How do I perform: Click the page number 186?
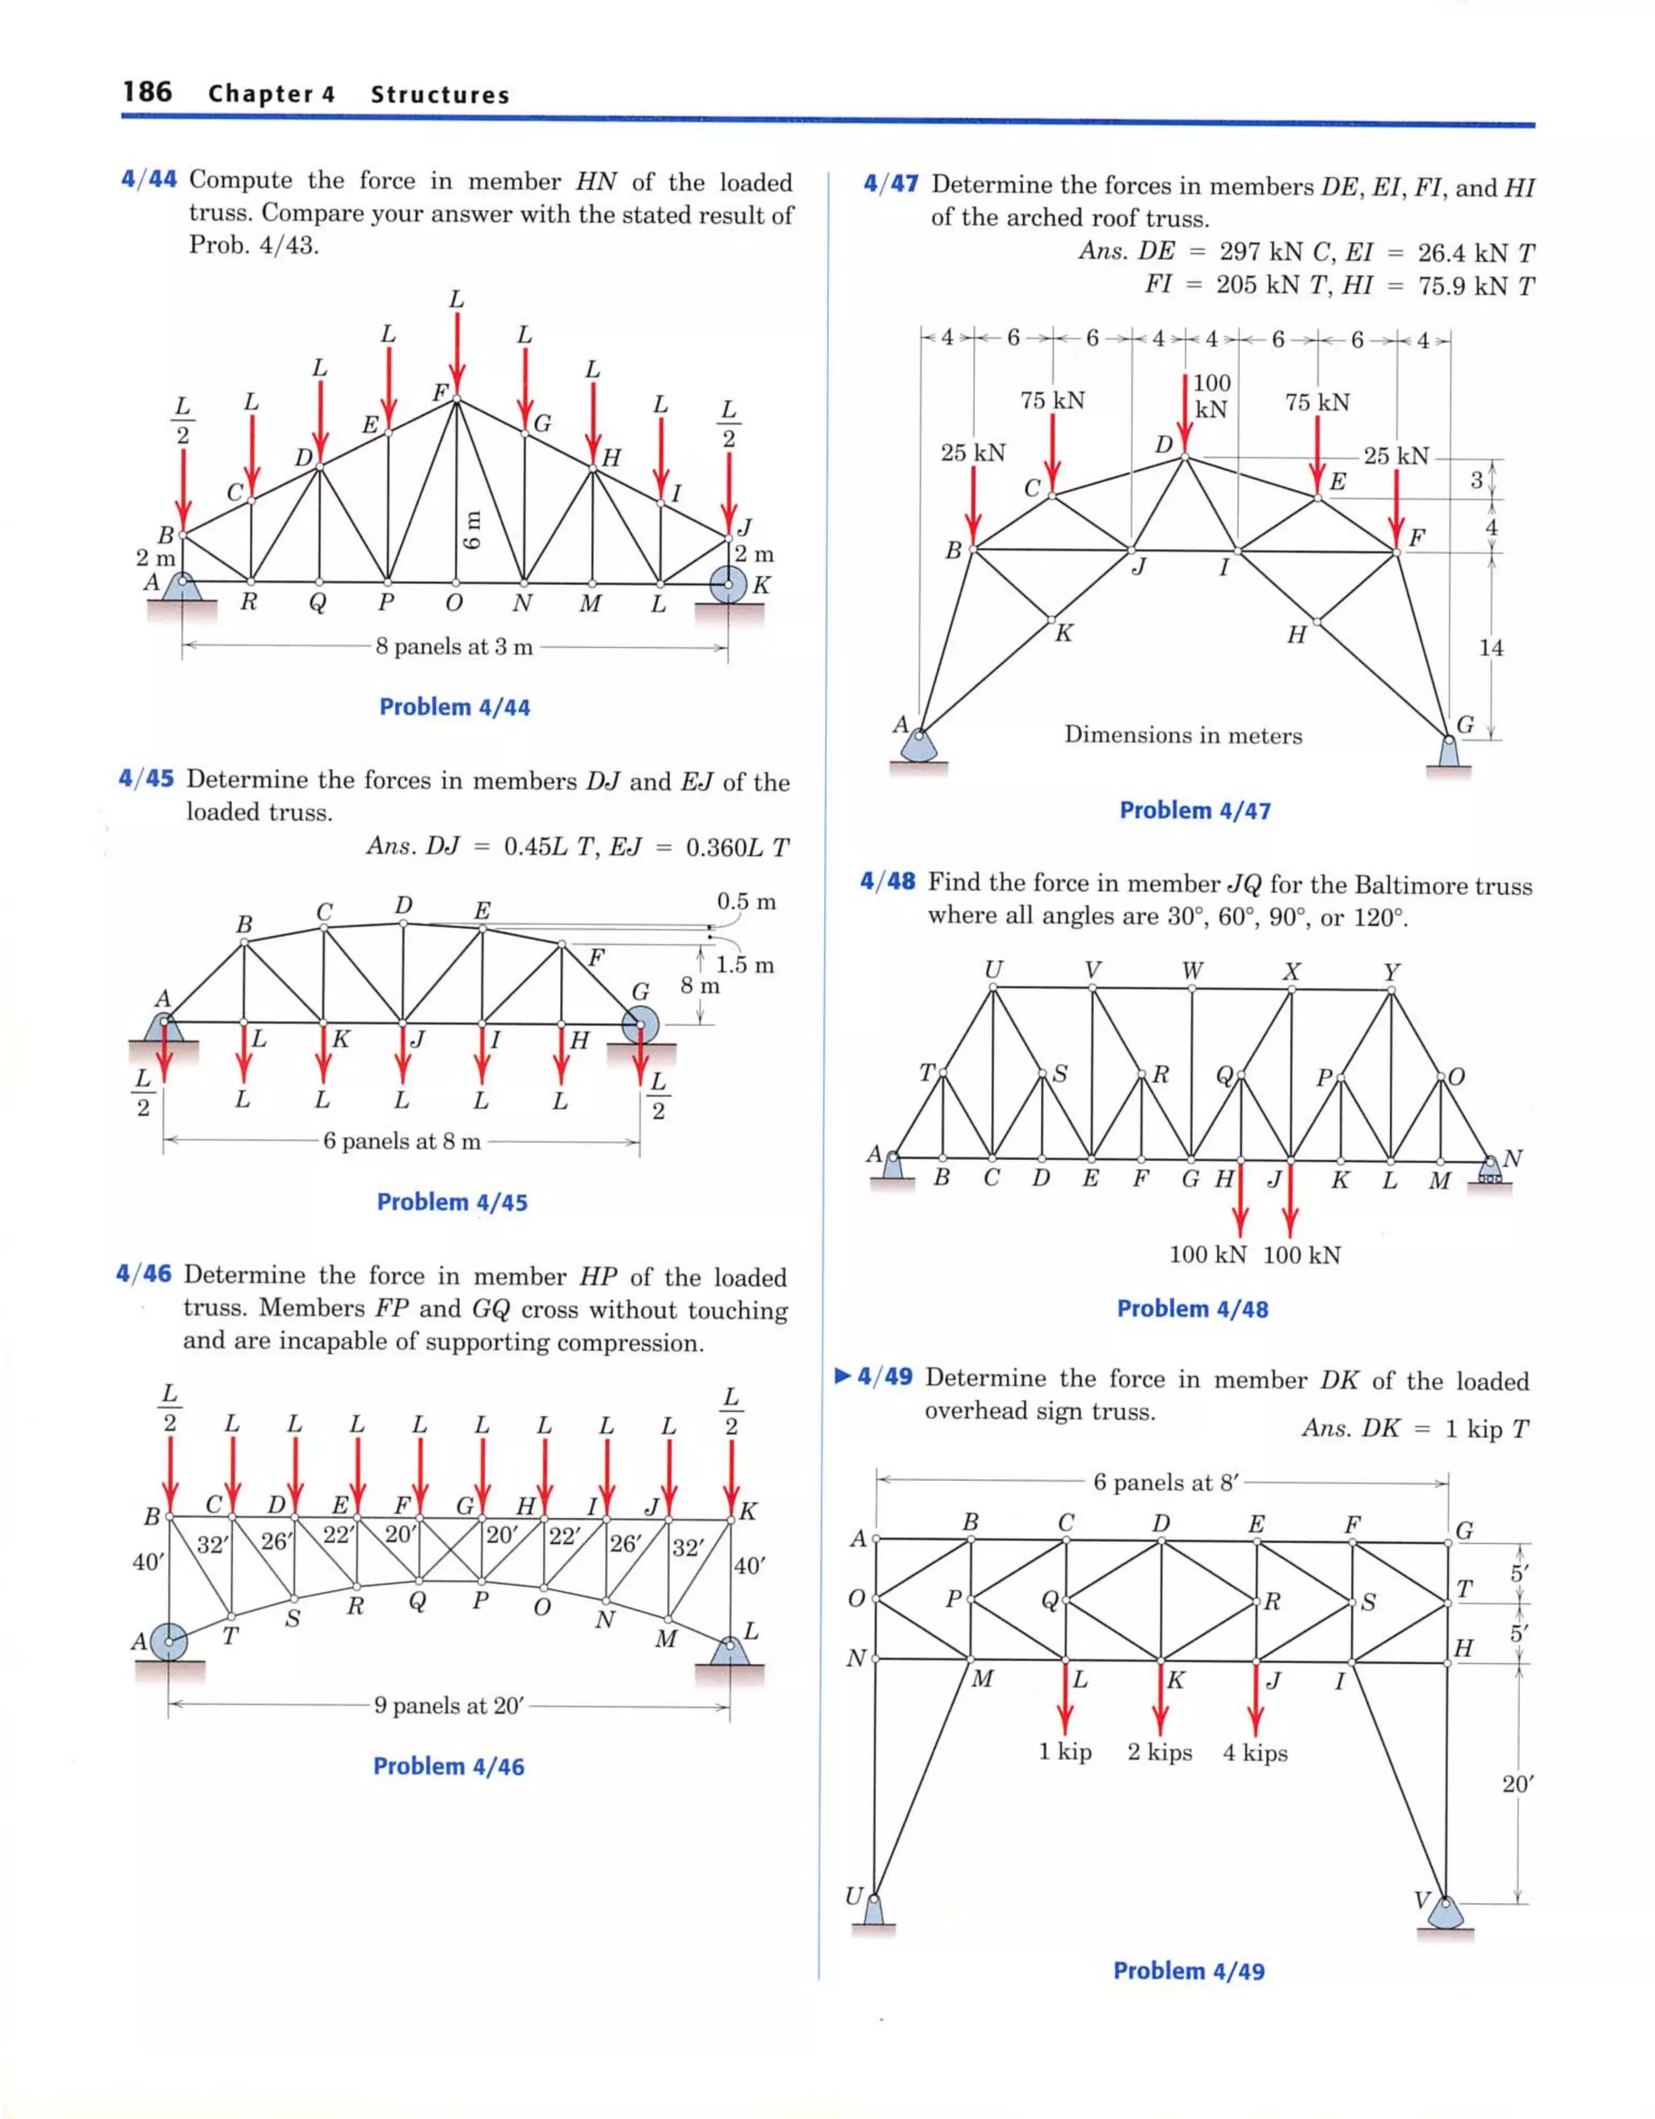click(148, 92)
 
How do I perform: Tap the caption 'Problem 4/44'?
click(454, 708)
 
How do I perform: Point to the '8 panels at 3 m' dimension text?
click(454, 647)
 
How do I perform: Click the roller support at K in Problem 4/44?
click(729, 585)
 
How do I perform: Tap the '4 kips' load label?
click(1255, 1752)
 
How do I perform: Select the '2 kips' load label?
click(1160, 1752)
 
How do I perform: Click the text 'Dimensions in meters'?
click(1182, 734)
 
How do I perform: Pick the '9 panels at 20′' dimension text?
click(449, 1705)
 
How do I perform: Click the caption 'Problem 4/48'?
click(1192, 1309)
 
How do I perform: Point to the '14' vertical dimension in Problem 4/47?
click(1491, 647)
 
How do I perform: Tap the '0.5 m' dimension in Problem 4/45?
click(747, 902)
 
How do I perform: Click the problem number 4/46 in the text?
click(144, 1274)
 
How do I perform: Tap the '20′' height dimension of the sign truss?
click(1517, 1783)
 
